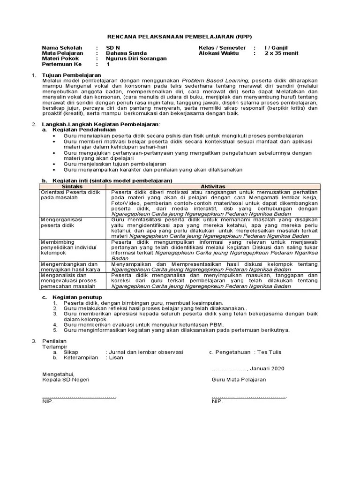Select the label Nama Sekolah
[62, 48]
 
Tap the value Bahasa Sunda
[126, 53]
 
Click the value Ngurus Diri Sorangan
[136, 59]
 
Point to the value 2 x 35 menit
[281, 53]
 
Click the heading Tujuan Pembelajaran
[71, 75]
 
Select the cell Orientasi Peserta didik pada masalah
[71, 195]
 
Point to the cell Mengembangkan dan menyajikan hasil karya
[70, 267]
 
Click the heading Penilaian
[54, 341]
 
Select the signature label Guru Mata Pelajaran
[239, 379]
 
